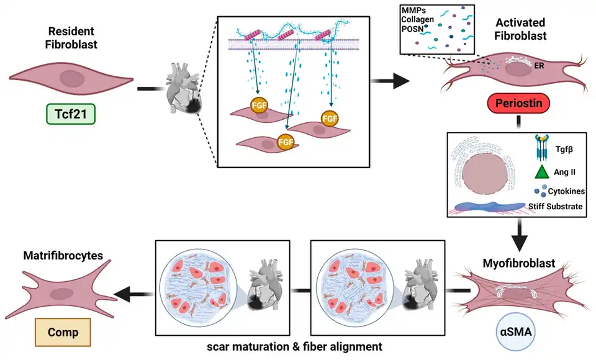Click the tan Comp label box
pos(63,332)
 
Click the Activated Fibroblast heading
pos(521,29)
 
